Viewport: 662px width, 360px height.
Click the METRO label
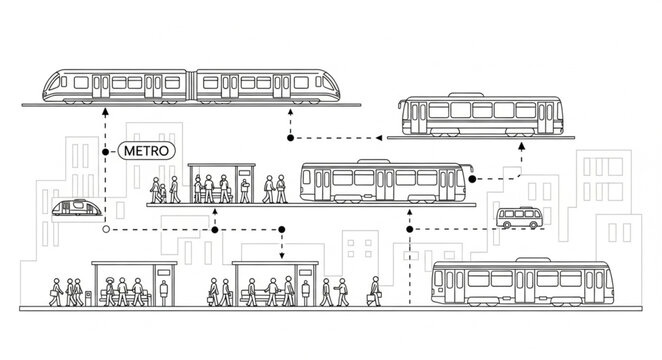(x=146, y=151)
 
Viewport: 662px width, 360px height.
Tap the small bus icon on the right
(x=520, y=218)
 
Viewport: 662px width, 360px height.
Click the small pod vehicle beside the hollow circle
(x=76, y=208)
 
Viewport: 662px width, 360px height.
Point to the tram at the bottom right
(x=520, y=283)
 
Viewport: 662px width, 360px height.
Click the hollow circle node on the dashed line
(x=105, y=229)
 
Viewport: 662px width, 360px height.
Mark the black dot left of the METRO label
(x=105, y=151)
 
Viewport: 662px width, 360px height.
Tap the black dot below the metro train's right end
(x=290, y=138)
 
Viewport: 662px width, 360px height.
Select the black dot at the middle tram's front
(x=472, y=178)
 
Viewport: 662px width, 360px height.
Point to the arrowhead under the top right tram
(x=522, y=145)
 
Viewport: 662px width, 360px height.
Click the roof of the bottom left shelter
(x=133, y=264)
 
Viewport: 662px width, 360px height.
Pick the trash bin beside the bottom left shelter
(x=88, y=297)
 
